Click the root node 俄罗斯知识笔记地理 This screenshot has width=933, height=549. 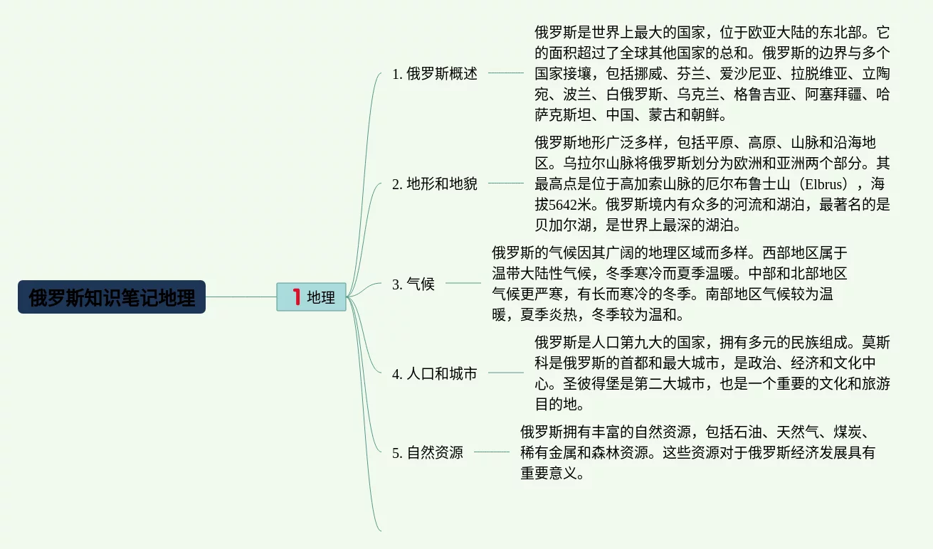(112, 297)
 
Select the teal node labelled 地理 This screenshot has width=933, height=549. (312, 297)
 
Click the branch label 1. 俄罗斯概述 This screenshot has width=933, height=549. (434, 73)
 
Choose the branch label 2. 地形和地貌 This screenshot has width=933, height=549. (434, 184)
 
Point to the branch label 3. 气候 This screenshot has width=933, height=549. (413, 284)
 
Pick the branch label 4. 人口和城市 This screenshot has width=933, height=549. (434, 373)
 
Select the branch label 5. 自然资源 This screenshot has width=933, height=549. (427, 452)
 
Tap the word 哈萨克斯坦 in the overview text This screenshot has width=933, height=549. (882, 94)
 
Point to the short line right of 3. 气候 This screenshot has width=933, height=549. (463, 283)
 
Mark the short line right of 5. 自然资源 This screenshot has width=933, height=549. (491, 452)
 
